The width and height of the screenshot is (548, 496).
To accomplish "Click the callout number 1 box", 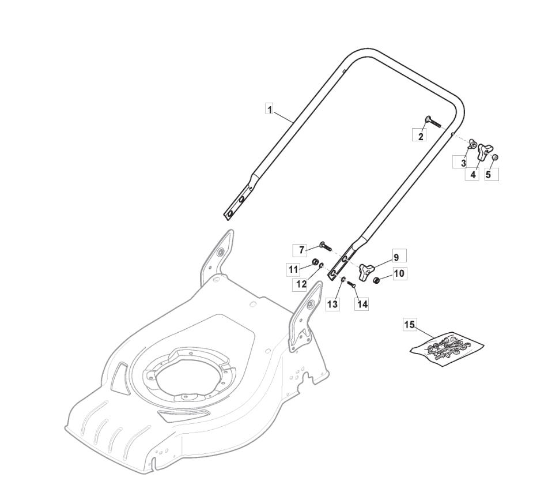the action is tap(270, 110).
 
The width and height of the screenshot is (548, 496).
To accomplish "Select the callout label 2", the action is tap(421, 136).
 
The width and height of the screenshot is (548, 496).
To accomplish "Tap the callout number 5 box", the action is tap(489, 174).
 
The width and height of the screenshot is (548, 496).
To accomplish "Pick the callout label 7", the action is tap(301, 250).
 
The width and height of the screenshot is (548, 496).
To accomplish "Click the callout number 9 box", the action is tap(396, 257).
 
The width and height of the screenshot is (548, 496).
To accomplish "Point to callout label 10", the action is tap(399, 273).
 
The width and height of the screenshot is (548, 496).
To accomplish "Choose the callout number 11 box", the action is tap(293, 269).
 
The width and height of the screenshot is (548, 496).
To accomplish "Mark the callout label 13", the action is tap(332, 304).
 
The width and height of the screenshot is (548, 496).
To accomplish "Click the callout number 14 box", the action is tap(362, 304).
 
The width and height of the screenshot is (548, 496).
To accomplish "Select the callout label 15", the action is tap(410, 325).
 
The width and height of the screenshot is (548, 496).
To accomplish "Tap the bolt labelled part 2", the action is tap(433, 122).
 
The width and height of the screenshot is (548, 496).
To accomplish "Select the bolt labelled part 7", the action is tap(326, 246).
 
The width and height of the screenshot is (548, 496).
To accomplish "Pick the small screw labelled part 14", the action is tap(352, 285).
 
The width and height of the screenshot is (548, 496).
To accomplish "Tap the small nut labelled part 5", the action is tap(495, 157).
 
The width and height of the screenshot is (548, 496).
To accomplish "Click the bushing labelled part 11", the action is tap(315, 262).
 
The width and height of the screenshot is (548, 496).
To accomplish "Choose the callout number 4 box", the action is tap(473, 174).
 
